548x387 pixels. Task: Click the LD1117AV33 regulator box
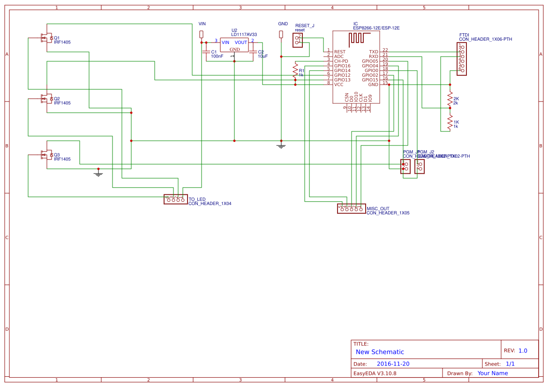pyautogui.click(x=235, y=45)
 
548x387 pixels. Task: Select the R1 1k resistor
pyautogui.click(x=295, y=71)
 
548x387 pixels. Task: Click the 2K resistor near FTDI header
pyautogui.click(x=450, y=99)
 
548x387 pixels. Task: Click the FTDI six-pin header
pyautogui.click(x=462, y=59)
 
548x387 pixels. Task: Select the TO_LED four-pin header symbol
pyautogui.click(x=175, y=199)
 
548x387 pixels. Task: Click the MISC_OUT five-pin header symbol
pyautogui.click(x=351, y=209)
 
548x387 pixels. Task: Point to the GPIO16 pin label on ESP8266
pyautogui.click(x=342, y=66)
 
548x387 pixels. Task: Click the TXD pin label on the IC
pyautogui.click(x=374, y=52)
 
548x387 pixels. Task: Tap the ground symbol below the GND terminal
pyautogui.click(x=281, y=146)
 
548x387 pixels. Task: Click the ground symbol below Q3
pyautogui.click(x=98, y=174)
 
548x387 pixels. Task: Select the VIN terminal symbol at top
pyautogui.click(x=202, y=34)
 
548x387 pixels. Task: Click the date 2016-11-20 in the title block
pyautogui.click(x=393, y=364)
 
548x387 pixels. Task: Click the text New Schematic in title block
pyautogui.click(x=380, y=352)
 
